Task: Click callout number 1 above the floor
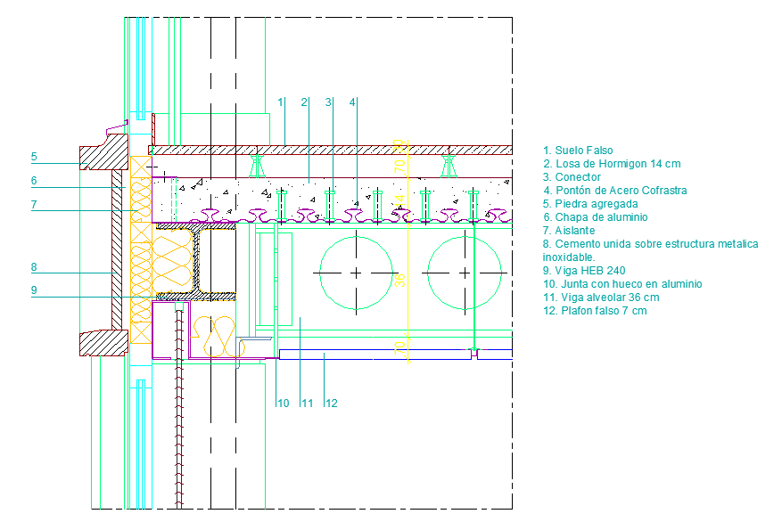click(281, 102)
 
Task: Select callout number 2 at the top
click(305, 102)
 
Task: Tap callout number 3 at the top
click(329, 102)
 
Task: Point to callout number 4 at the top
click(353, 102)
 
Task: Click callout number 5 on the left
click(34, 157)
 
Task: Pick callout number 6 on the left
click(34, 181)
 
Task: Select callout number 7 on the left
click(34, 205)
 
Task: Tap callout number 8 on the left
click(34, 266)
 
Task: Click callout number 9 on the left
click(34, 290)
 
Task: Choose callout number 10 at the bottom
click(283, 404)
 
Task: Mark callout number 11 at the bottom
click(307, 404)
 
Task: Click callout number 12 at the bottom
click(331, 404)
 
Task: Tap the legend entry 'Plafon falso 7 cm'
click(595, 311)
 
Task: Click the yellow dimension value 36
click(400, 279)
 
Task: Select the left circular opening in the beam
click(356, 272)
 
